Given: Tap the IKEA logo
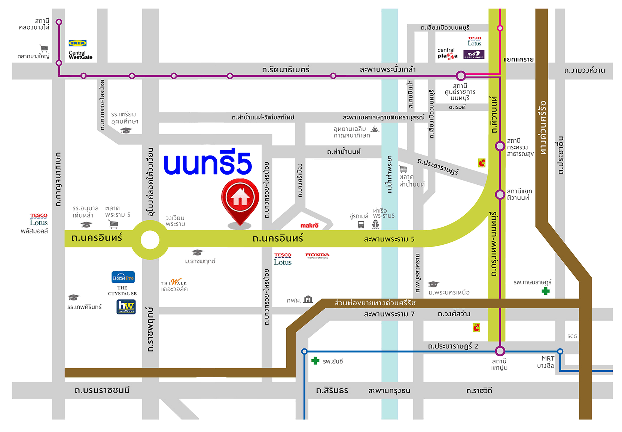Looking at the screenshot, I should (x=77, y=43).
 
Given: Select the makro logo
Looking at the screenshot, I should (x=310, y=225).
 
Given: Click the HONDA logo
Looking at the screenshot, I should (x=317, y=256).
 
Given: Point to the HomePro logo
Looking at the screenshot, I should (x=123, y=277).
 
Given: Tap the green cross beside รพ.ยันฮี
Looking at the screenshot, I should (x=315, y=361).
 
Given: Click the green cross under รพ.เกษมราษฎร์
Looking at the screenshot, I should (x=546, y=291).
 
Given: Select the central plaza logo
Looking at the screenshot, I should (x=447, y=53).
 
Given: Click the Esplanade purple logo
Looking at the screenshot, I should (x=474, y=55).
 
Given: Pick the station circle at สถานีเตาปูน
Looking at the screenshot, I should (x=500, y=351).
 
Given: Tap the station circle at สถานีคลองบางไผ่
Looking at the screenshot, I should (x=59, y=22).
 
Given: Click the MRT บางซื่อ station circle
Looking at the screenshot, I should (x=560, y=351).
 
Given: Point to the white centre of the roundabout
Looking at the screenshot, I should (x=150, y=240).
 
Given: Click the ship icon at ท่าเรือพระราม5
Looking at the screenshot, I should (x=376, y=224).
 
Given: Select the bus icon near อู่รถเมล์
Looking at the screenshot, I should (x=361, y=224).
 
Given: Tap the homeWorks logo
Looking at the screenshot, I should (x=126, y=307).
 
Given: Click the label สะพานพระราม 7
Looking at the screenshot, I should (x=389, y=314).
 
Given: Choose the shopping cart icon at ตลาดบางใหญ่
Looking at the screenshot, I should (x=44, y=48).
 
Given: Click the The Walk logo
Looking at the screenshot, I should (x=174, y=282).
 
